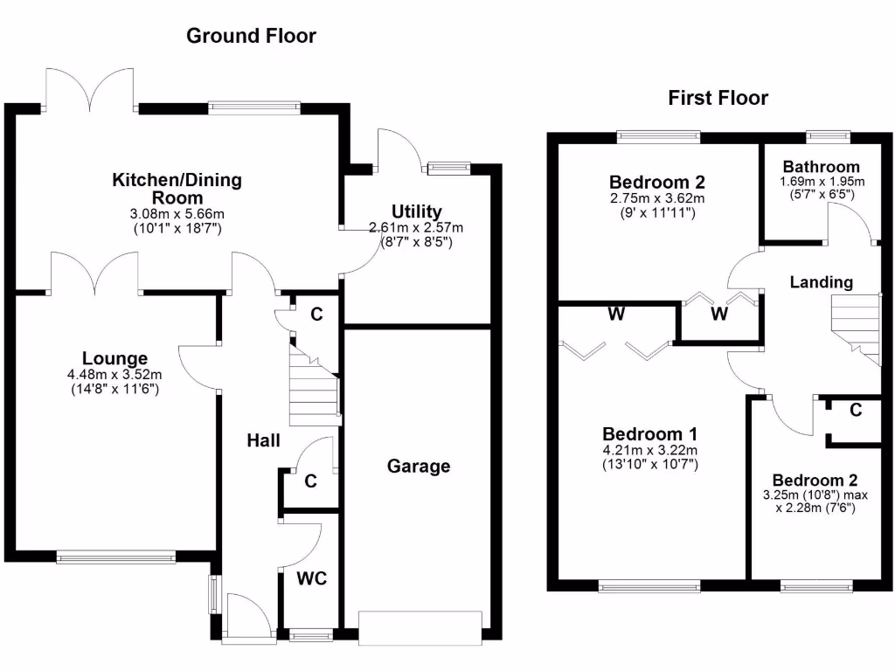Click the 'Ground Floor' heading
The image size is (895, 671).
251,36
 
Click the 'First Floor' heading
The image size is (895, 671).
718,98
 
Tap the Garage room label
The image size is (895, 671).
419,467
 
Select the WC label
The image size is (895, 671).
310,578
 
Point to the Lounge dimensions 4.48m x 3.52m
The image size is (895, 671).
114,375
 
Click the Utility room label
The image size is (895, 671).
416,211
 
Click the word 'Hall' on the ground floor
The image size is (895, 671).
262,441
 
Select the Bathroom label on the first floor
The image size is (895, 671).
821,166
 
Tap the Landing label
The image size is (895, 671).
821,282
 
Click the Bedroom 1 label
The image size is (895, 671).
649,434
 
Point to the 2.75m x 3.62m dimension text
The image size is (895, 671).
656,198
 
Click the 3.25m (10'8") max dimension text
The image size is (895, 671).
814,495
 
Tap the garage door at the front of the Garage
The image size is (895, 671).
420,627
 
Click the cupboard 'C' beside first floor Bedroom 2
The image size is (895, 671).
856,410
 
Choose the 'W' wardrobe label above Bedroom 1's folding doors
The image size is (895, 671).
616,315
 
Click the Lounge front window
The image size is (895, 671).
116,556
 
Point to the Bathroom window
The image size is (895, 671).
827,135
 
